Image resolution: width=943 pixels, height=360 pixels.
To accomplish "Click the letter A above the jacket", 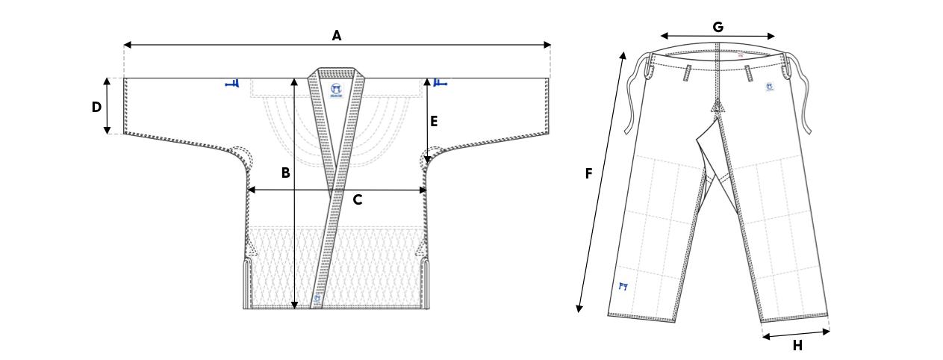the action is coord(337,34).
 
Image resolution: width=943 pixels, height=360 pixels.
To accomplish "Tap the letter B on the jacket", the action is coord(285,173).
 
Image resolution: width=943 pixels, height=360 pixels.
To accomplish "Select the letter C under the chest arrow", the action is coord(358,200).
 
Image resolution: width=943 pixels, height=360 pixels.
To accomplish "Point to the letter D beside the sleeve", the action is coord(96,107).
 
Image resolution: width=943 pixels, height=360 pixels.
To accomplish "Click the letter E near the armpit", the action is coord(434,120).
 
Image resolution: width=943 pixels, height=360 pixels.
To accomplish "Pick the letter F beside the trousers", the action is coord(588,174).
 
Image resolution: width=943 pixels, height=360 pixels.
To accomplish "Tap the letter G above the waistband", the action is coord(718,27).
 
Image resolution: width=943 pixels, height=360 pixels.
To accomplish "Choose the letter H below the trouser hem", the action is coord(797,345).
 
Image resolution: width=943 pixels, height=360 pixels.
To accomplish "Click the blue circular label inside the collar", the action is coord(337,90).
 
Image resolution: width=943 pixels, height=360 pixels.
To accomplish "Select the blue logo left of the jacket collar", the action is coord(232,84).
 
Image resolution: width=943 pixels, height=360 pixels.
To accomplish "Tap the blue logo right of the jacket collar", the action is coord(439,83).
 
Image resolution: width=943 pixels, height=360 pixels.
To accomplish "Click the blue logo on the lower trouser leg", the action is coord(623,286).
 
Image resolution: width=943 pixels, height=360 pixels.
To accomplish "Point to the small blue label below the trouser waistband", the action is coord(768,87).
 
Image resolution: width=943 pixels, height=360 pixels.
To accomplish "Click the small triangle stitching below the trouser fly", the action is coord(718,107).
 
